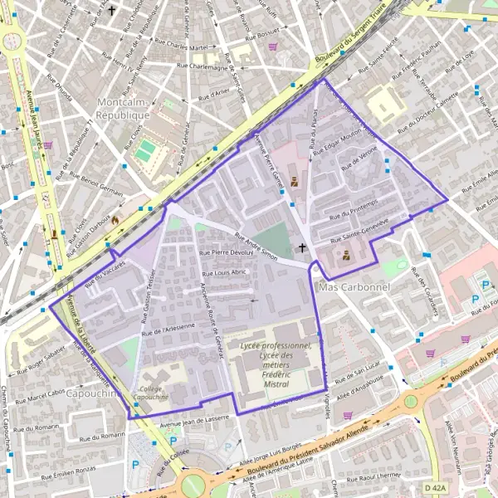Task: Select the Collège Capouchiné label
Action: point(151,392)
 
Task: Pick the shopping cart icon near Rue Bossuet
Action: point(272,47)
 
